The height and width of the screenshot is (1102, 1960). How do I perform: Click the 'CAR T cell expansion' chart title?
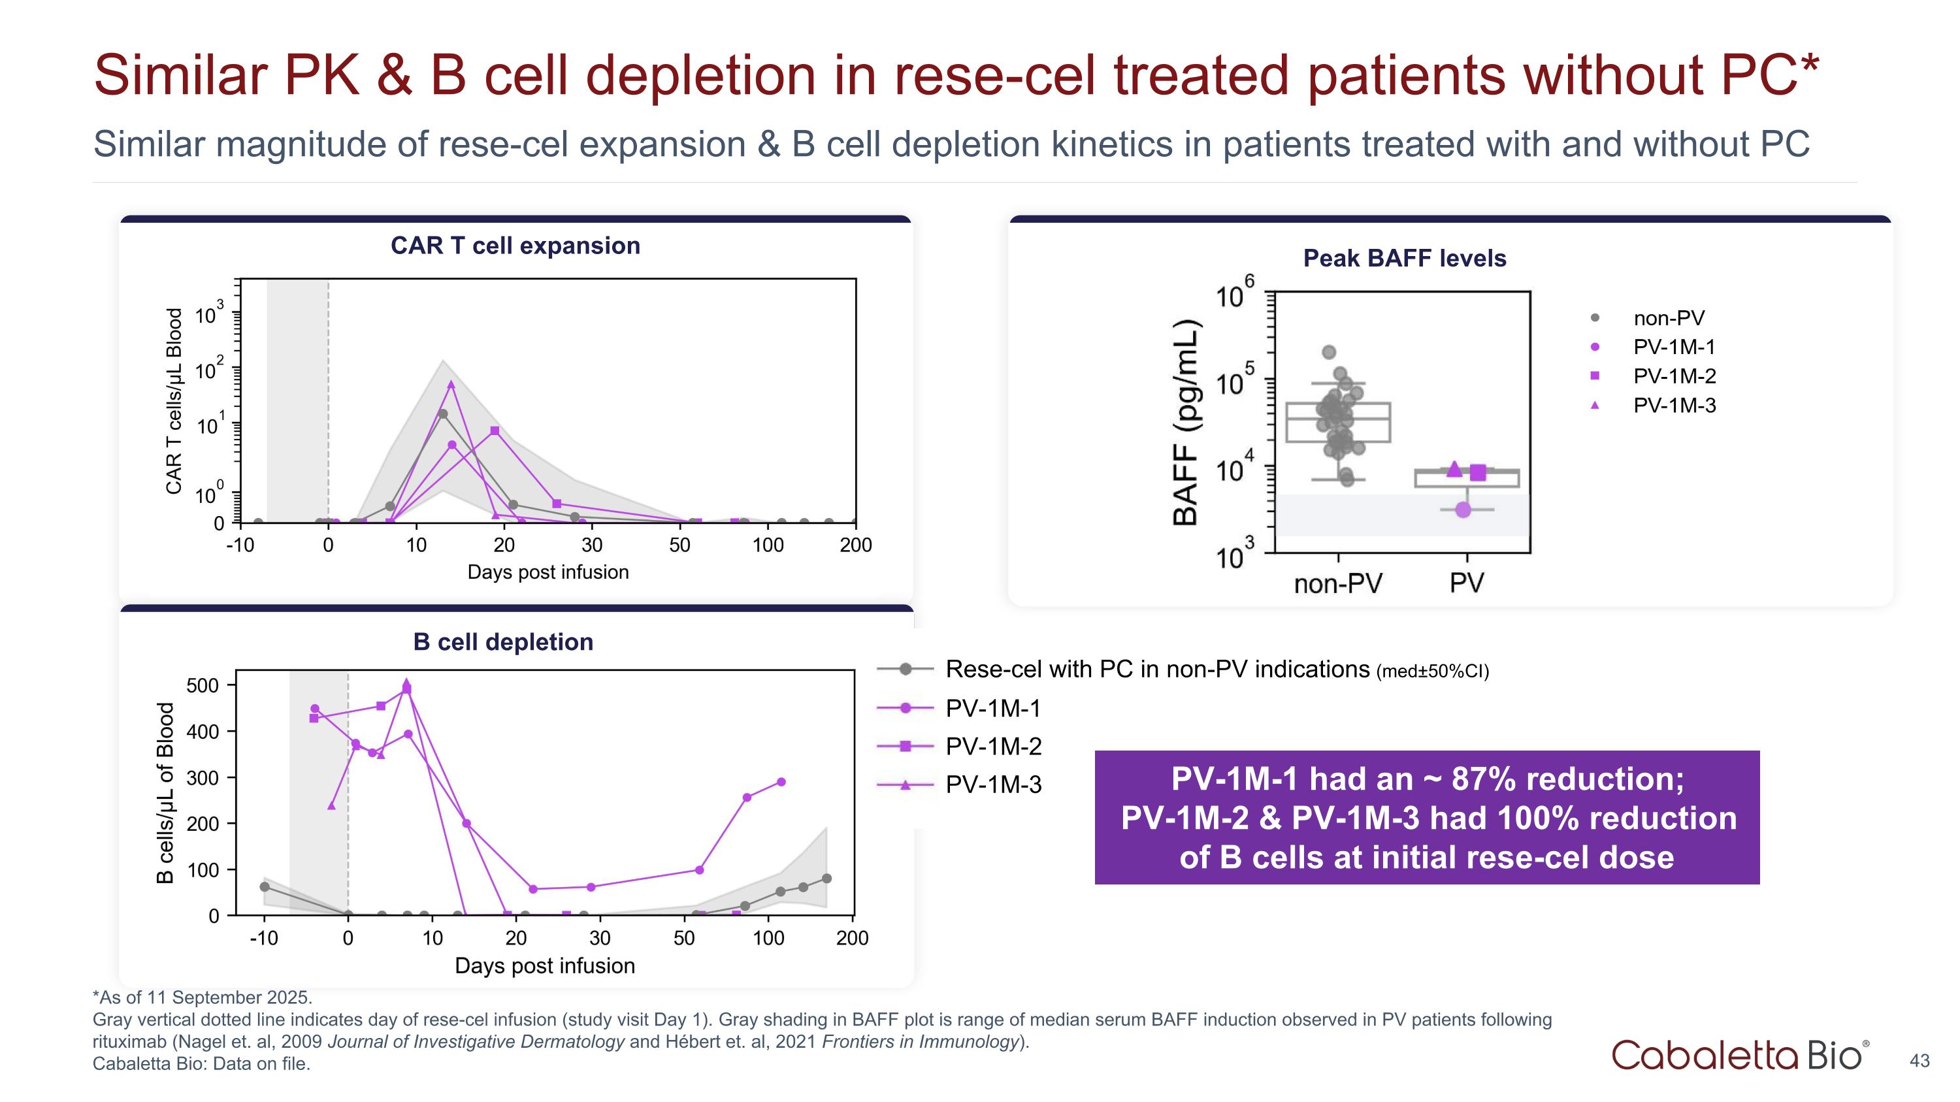coord(515,246)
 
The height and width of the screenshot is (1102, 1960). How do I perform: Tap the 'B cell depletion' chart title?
coord(503,642)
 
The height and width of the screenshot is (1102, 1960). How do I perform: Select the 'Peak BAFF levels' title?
coord(1405,259)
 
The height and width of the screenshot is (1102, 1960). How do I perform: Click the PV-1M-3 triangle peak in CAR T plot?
coord(451,385)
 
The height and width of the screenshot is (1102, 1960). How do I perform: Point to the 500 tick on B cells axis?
coord(203,685)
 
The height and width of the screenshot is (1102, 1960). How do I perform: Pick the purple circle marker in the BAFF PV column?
coord(1462,510)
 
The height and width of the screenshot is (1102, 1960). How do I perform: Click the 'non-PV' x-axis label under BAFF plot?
coord(1337,583)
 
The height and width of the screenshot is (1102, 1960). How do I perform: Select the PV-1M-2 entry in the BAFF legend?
coord(1674,376)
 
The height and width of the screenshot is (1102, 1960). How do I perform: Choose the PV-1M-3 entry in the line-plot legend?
coord(993,785)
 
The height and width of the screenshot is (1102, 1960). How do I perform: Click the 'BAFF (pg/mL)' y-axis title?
coord(1185,422)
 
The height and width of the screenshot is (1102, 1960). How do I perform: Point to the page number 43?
coord(1919,1061)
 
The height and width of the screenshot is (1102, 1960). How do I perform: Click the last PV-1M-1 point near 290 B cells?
coord(781,782)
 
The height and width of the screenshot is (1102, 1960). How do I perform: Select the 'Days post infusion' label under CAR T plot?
coord(548,572)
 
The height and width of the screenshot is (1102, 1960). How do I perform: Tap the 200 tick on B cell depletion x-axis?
coord(852,938)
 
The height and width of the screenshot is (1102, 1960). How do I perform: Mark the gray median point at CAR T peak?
coord(443,413)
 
